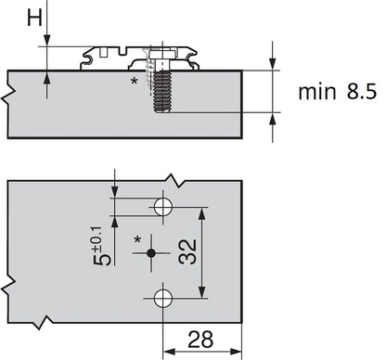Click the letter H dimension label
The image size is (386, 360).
34,18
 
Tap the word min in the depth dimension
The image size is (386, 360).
317,92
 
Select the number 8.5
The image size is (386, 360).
362,91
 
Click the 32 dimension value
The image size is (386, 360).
187,251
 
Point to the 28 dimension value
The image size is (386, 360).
200,340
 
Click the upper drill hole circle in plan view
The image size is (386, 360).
163,207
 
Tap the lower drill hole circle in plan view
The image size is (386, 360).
163,298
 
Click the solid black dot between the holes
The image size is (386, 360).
151,253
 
